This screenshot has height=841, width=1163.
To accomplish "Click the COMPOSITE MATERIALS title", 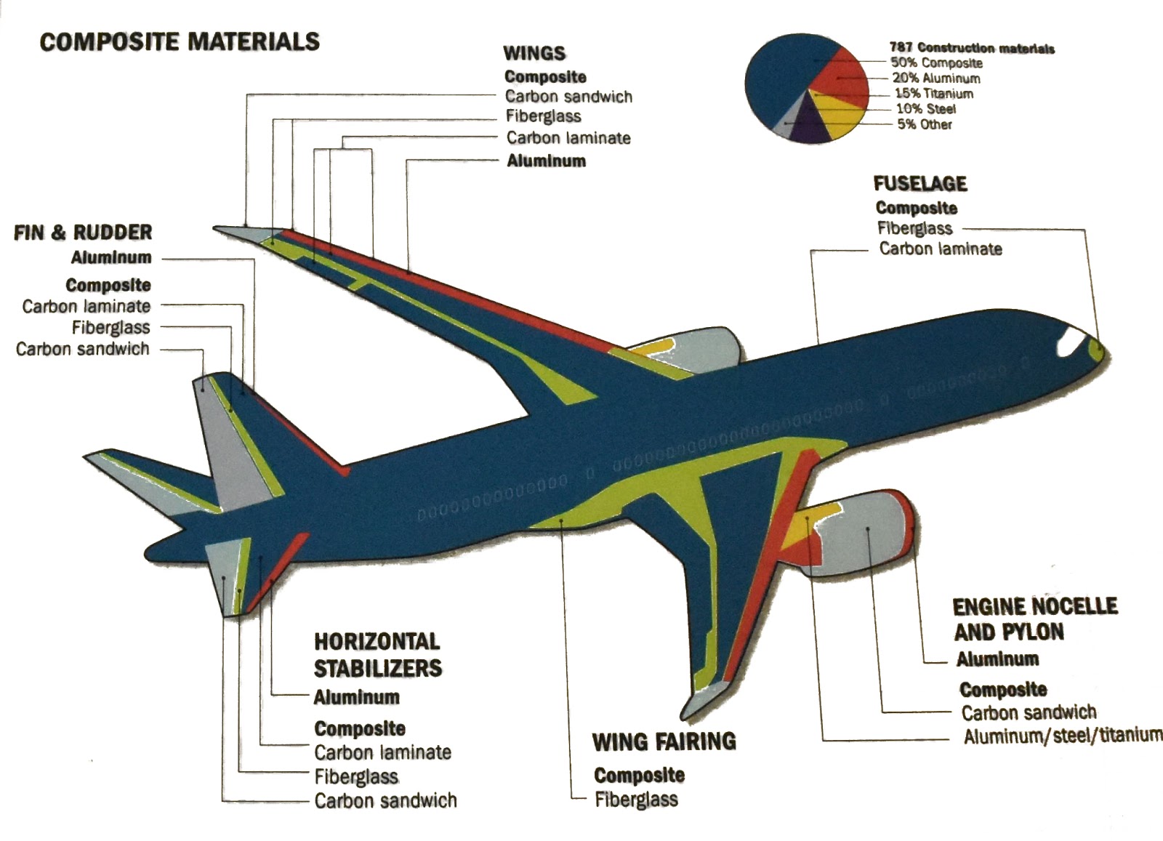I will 180,41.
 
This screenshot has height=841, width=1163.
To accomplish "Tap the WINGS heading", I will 534,53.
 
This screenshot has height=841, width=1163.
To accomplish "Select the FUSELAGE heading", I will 920,183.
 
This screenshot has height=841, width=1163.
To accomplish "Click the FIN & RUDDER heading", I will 83,233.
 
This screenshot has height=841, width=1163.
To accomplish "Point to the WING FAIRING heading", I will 664,742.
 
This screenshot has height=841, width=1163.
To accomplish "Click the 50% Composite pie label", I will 937,63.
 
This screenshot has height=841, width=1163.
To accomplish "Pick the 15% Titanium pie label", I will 934,94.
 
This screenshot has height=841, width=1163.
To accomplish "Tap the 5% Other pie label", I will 925,124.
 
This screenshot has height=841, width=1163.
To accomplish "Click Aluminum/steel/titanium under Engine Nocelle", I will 1063,736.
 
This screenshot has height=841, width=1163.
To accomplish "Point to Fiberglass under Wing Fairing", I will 636,800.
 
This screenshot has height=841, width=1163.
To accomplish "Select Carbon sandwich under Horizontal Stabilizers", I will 385,801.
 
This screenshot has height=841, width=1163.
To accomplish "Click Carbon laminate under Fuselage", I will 941,249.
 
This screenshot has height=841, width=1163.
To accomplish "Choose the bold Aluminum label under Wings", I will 546,161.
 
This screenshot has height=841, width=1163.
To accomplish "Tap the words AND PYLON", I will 1009,632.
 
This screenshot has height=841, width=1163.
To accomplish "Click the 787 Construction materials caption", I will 972,48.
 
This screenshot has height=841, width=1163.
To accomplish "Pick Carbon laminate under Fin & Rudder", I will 86,306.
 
